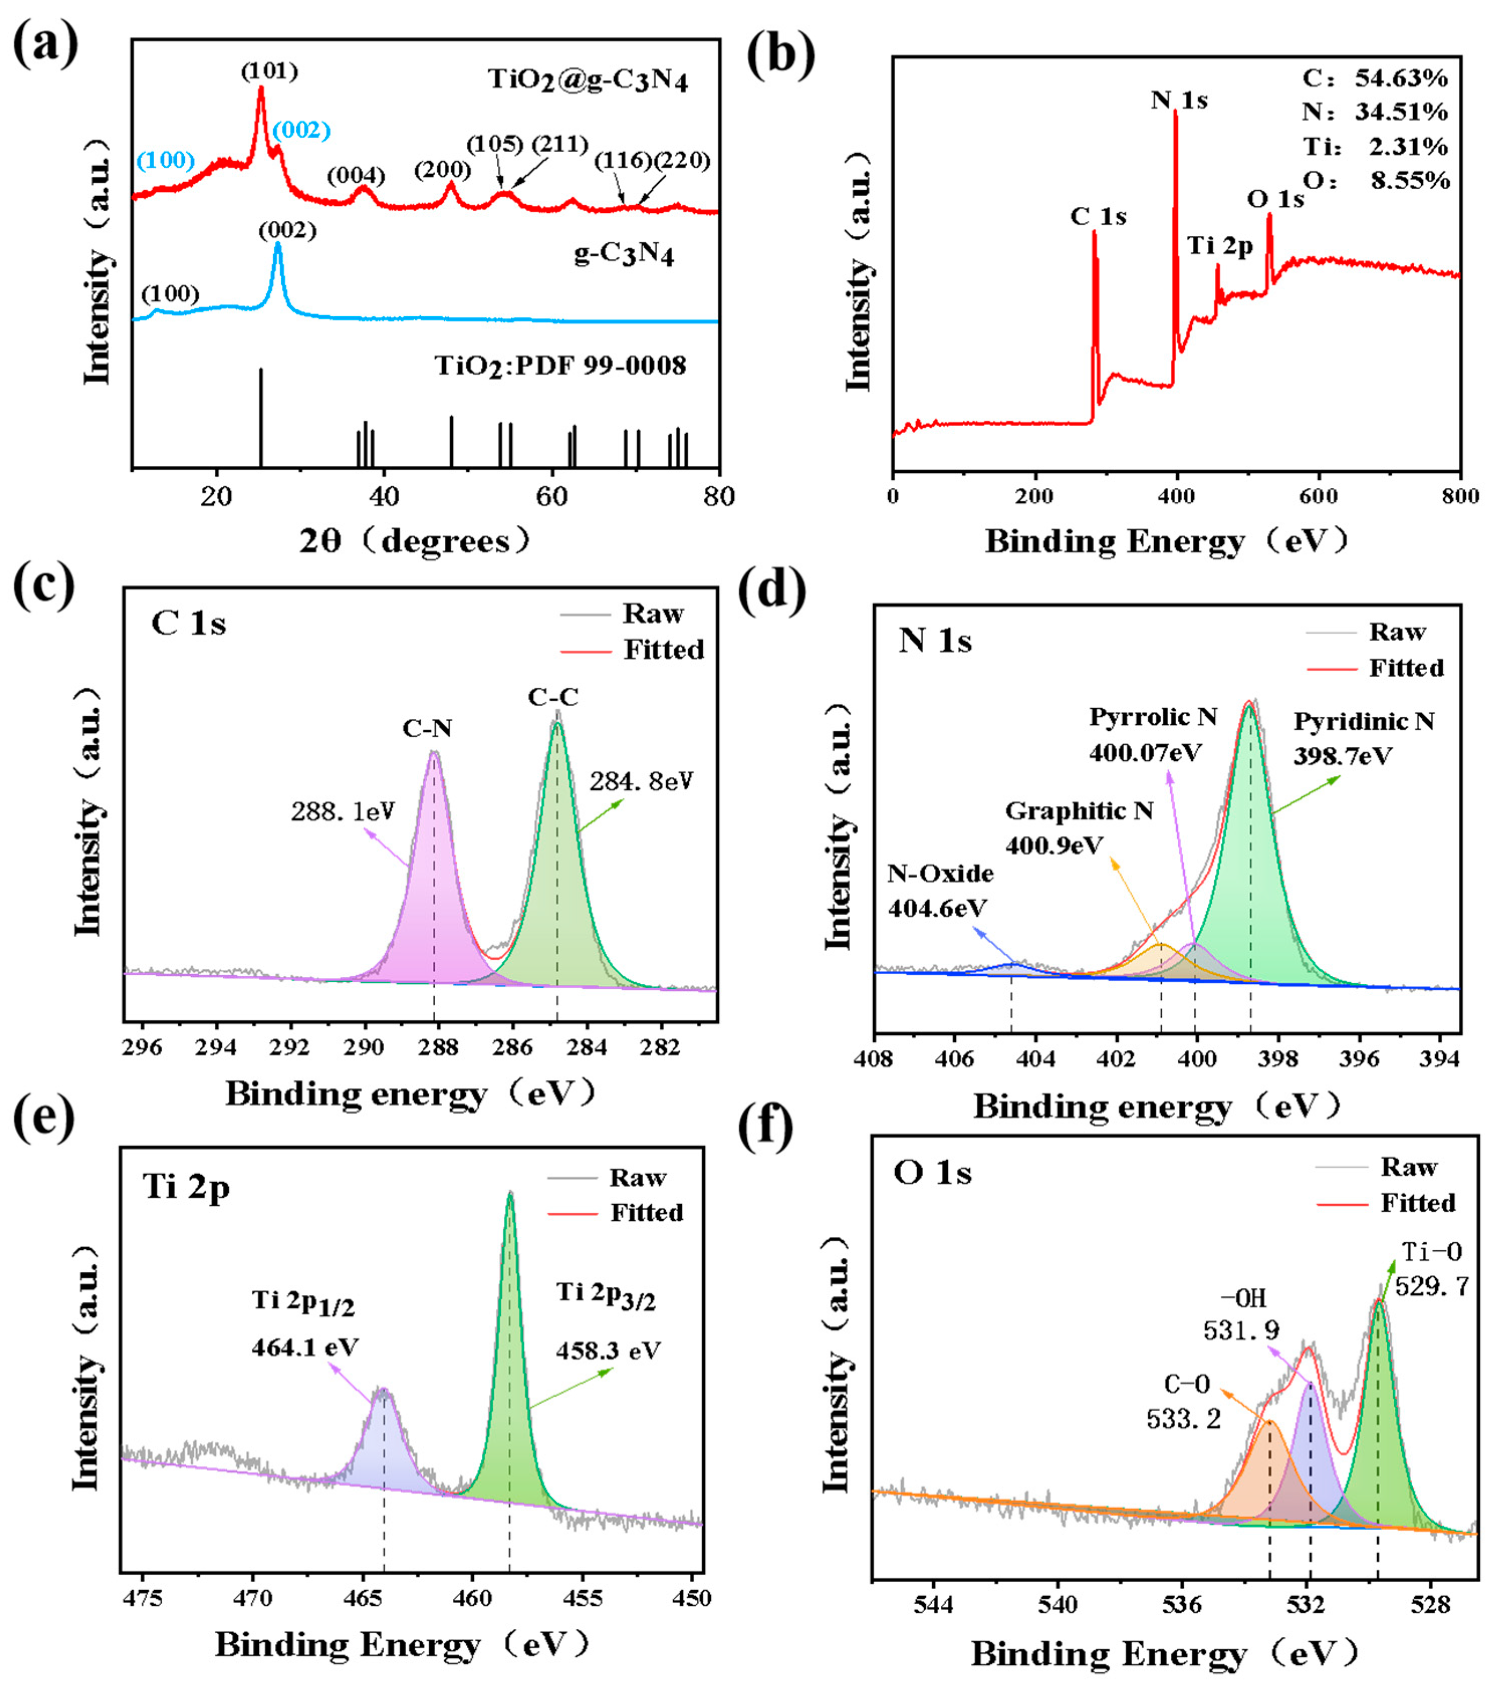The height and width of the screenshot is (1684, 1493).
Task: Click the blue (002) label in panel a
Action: coord(302,130)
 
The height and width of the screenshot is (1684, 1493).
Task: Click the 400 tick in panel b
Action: coord(1177,497)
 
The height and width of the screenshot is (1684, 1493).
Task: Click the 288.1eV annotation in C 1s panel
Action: coord(343,812)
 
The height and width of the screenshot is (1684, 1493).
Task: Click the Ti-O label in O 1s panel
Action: coord(1432,1252)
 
